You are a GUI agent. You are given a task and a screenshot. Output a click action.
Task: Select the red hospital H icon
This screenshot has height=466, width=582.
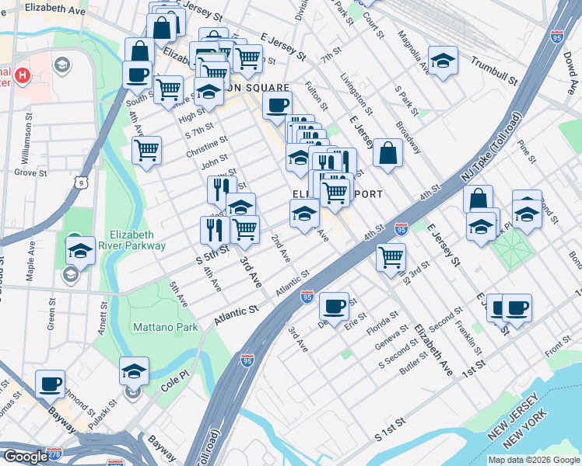(x=23, y=76)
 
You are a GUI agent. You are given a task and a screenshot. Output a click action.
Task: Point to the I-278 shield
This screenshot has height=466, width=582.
(x=54, y=452)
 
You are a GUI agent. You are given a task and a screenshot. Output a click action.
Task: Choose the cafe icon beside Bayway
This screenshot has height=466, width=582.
(x=51, y=383)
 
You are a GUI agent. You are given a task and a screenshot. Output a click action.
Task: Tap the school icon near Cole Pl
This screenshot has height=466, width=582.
(x=134, y=370)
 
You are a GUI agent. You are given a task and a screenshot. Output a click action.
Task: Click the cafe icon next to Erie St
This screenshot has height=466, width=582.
(x=335, y=307)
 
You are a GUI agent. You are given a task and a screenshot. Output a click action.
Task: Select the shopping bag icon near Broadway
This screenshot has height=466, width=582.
(x=387, y=152)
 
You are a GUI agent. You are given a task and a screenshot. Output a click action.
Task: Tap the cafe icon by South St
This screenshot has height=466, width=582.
(x=138, y=75)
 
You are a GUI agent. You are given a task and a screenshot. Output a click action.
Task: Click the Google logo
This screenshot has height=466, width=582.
(x=26, y=457)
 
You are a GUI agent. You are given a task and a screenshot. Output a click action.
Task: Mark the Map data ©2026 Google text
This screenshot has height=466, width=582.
(x=534, y=460)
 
